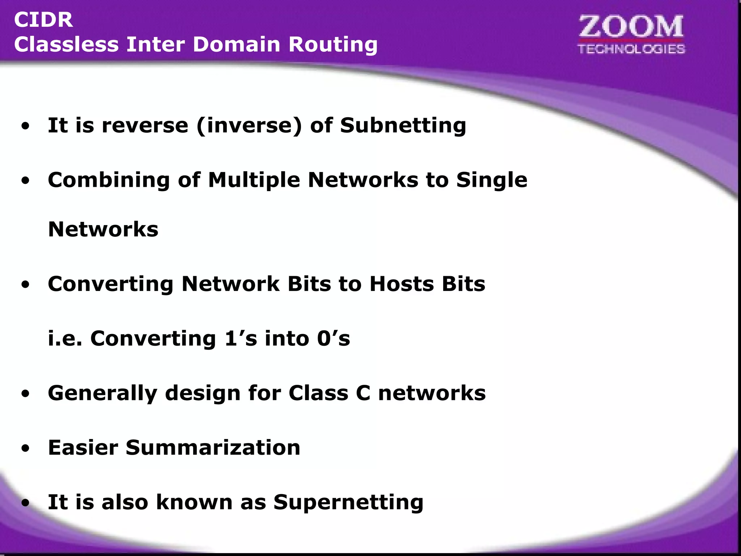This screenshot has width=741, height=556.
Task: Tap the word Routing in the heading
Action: tap(333, 45)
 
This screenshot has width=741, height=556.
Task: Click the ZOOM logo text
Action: tap(631, 27)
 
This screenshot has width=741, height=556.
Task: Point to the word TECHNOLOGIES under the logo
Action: tap(631, 49)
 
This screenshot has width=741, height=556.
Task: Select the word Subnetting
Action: tap(403, 126)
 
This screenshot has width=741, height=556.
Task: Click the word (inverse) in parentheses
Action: tap(249, 126)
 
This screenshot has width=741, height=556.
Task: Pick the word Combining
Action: tap(109, 180)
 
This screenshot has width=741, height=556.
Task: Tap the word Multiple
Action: tap(254, 180)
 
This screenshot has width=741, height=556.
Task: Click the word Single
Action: tap(492, 180)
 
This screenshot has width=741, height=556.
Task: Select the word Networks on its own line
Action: tap(103, 229)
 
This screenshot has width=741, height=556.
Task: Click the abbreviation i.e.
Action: tap(65, 338)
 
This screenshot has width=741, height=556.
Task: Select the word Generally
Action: tap(102, 393)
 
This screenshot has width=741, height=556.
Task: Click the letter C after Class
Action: tap(363, 393)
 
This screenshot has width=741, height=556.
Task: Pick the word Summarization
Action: tap(213, 448)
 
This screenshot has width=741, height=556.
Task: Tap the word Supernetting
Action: tap(348, 502)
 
